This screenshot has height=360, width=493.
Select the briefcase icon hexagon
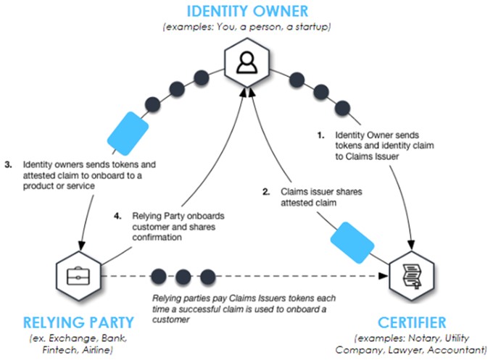(76, 276)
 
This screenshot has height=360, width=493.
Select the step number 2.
(266, 193)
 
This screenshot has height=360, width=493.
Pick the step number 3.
(8, 164)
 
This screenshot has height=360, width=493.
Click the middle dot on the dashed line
(183, 276)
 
